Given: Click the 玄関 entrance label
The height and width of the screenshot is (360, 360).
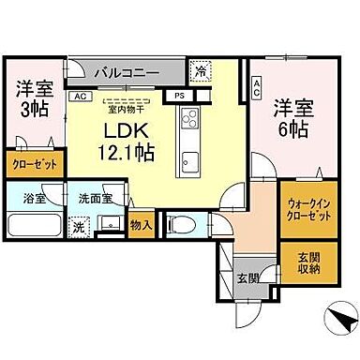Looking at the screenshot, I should coord(247,277).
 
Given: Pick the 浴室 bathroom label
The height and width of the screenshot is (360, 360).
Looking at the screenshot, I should coord(35,198).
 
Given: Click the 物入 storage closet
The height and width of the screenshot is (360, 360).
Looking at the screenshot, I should coord(142,226).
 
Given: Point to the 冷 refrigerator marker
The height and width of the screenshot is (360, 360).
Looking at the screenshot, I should coord(201,69).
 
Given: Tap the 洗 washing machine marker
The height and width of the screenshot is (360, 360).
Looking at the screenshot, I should coord(80,226).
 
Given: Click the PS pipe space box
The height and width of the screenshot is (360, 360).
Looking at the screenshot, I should coord(178,95).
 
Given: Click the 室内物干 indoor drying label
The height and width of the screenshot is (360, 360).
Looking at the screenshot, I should coord(124,105).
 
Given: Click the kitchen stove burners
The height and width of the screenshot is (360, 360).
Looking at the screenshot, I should coord(190,120).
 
